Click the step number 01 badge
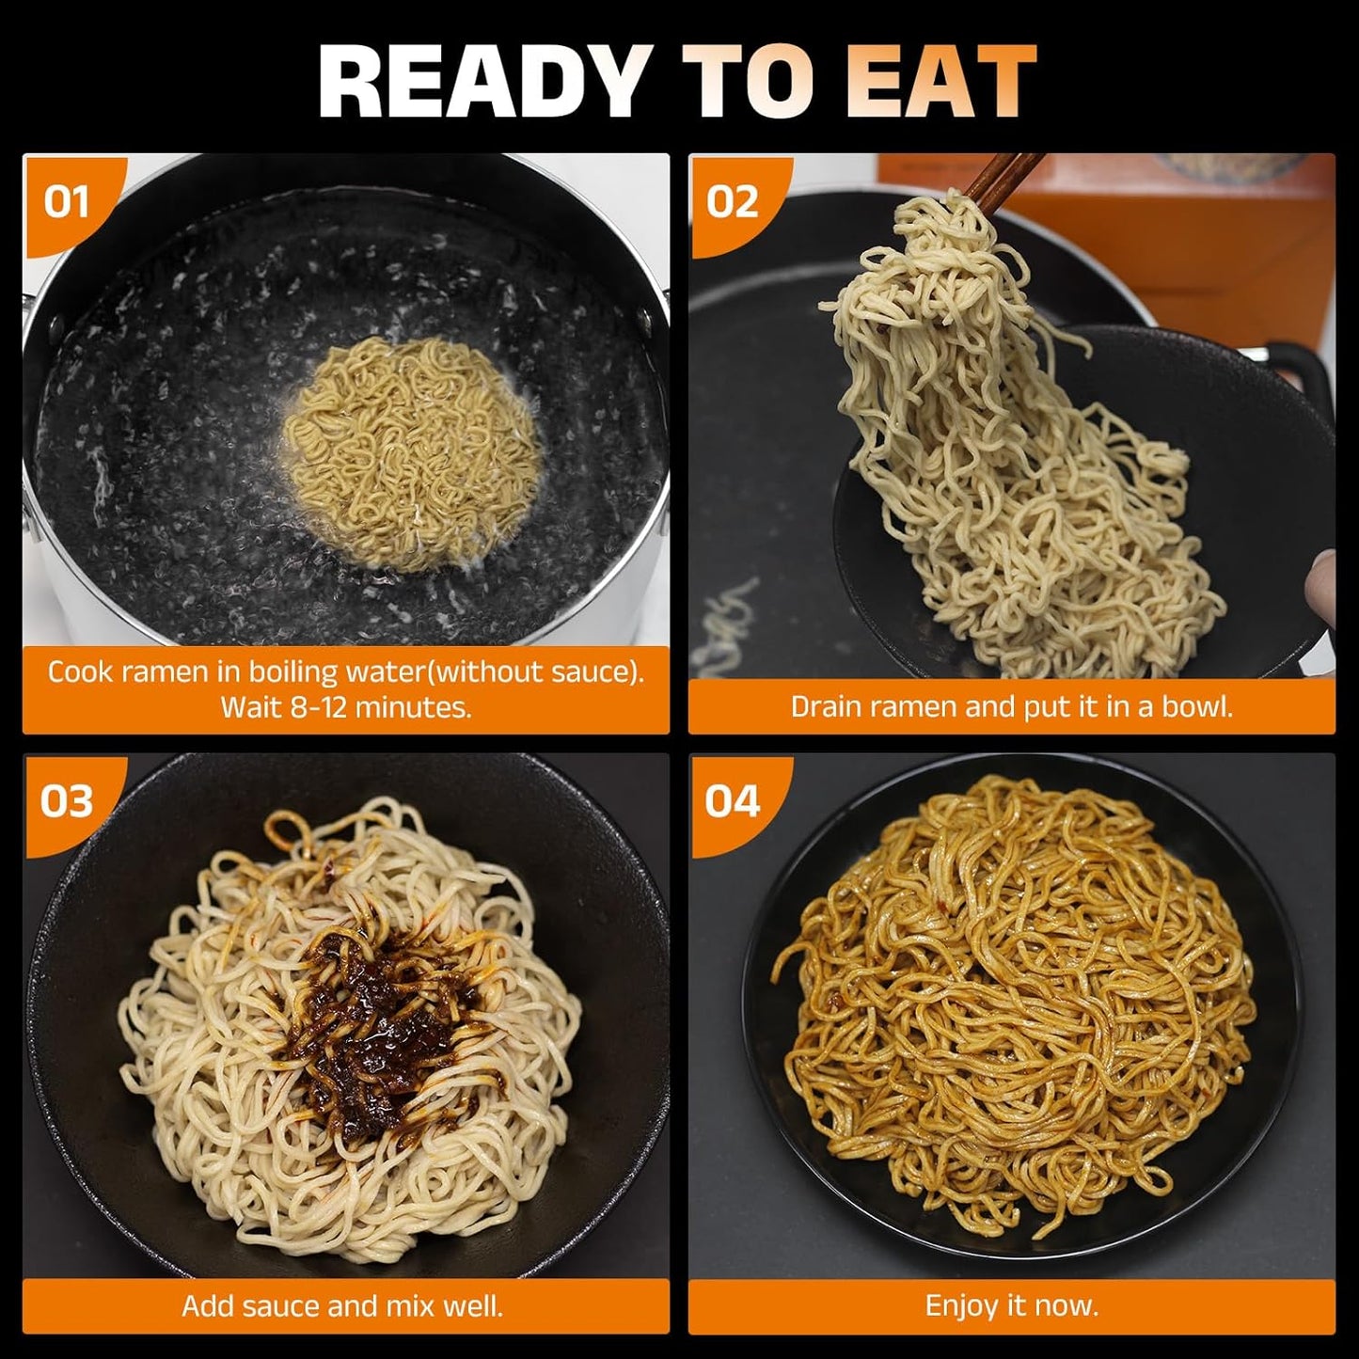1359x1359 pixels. click(67, 202)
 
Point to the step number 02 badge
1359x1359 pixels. click(732, 202)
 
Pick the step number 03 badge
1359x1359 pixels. click(67, 801)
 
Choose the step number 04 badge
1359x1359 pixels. click(732, 801)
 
